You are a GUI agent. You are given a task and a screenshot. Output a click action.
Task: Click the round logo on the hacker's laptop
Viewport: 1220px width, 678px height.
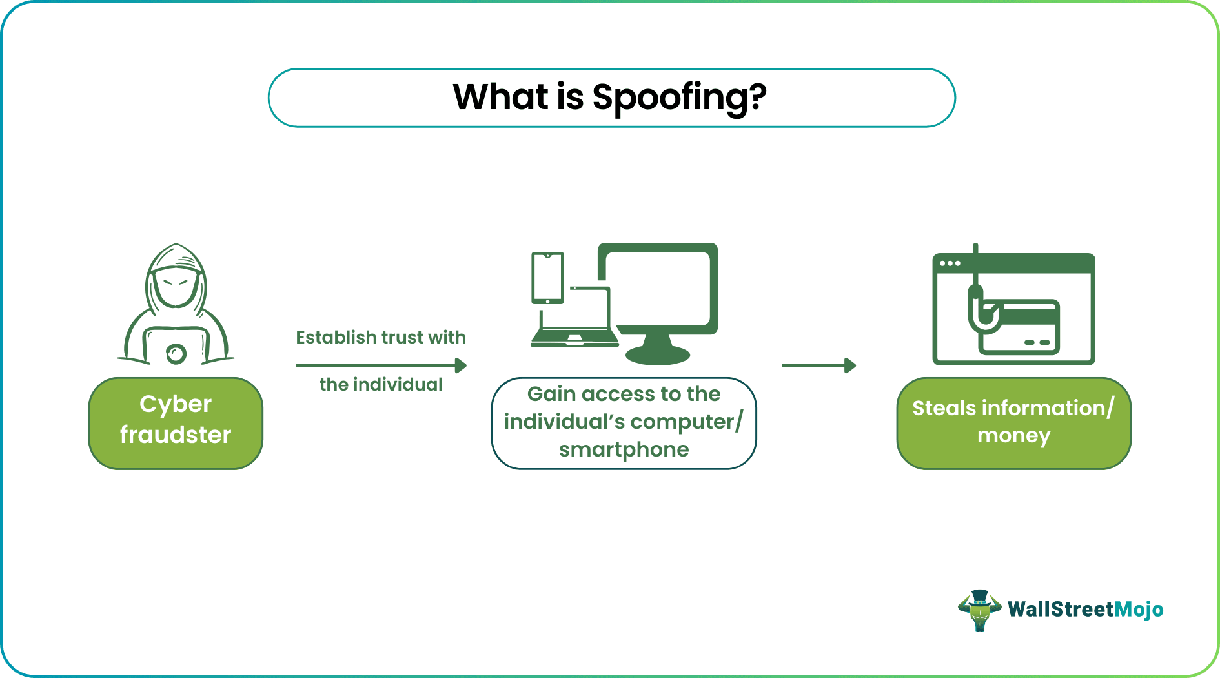tap(176, 353)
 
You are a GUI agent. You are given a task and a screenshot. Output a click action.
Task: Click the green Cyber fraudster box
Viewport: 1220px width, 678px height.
tap(176, 423)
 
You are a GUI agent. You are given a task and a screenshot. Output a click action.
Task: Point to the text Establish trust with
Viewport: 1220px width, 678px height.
tap(380, 337)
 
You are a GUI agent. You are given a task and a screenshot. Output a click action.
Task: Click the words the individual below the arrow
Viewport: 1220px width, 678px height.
tap(381, 384)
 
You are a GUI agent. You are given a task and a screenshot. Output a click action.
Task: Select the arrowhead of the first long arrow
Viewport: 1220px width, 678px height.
tap(461, 365)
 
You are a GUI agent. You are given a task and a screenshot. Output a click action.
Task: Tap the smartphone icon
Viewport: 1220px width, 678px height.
tap(547, 278)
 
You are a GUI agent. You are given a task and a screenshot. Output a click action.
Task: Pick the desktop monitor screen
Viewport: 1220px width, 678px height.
tap(657, 287)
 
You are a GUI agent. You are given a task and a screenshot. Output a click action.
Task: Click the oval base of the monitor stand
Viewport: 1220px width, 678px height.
tap(658, 354)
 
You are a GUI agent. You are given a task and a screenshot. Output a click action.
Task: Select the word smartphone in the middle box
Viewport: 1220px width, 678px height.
tap(624, 449)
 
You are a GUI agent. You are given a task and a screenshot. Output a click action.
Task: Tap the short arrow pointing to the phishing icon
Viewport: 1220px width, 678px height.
tap(818, 365)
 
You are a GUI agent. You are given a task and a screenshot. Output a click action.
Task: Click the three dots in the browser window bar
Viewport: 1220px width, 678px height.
tap(950, 263)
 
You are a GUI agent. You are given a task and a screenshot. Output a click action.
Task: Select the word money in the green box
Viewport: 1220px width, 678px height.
tap(1013, 436)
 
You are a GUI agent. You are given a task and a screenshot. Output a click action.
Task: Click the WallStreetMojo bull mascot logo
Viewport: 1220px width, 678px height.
tap(980, 610)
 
